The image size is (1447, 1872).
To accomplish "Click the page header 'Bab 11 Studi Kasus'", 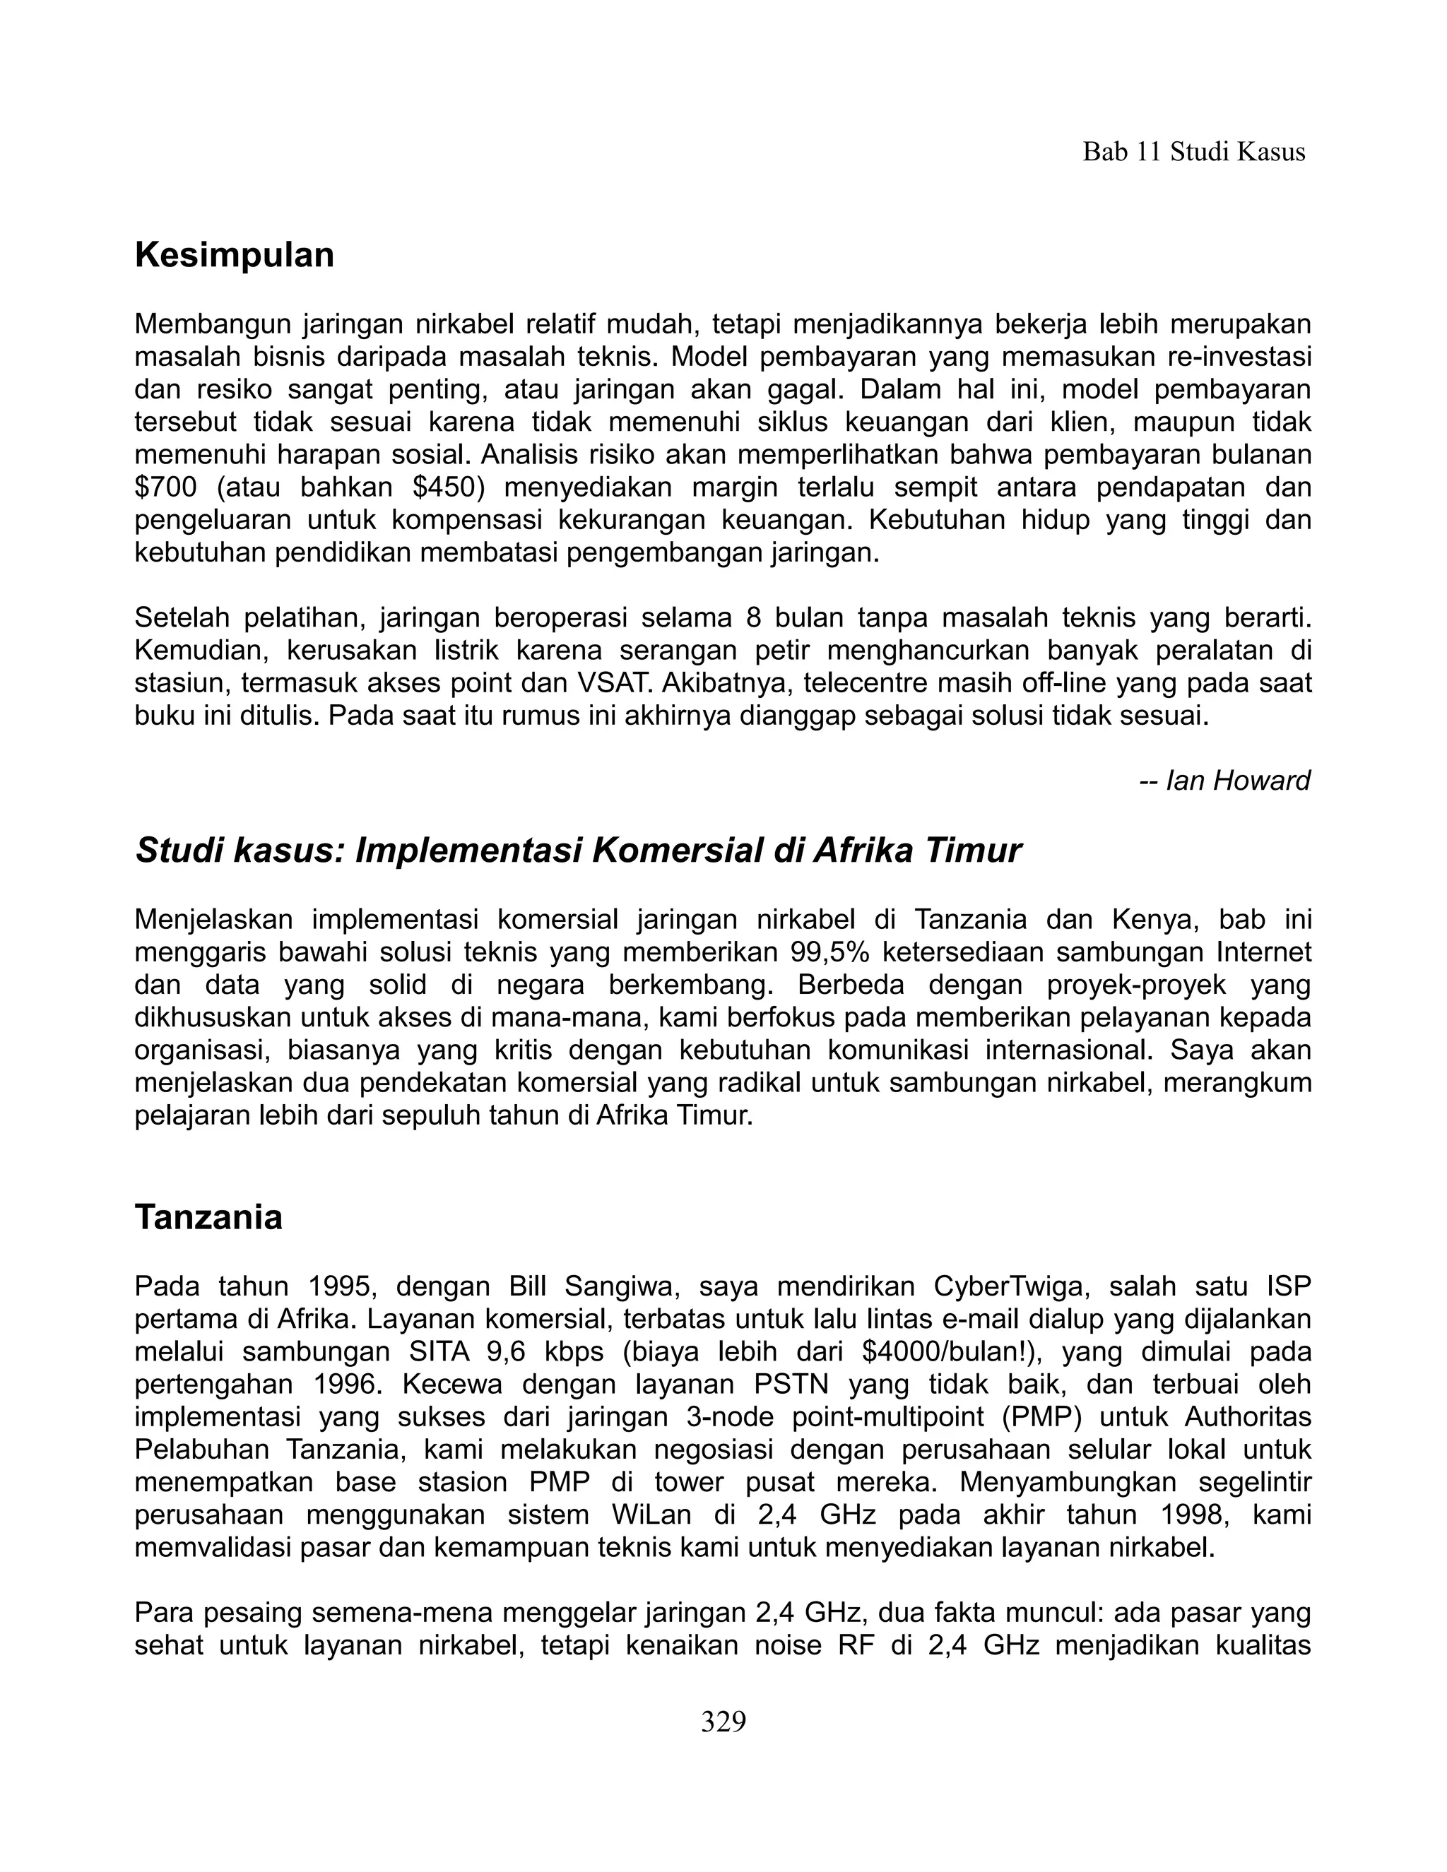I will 1193,153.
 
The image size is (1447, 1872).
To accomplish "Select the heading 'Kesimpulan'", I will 234,256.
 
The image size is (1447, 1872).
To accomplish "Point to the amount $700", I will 165,487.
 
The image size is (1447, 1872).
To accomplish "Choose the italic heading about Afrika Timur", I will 578,851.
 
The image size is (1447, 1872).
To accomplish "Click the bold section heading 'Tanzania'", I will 208,1217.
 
